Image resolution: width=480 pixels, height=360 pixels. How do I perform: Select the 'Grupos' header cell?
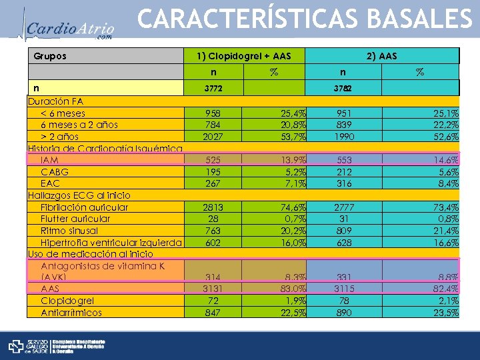(x=50, y=56)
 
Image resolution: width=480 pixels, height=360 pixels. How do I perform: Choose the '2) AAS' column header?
(x=381, y=56)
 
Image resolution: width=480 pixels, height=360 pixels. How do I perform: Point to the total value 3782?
(x=343, y=88)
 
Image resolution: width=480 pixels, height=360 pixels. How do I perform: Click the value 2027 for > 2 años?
(x=213, y=137)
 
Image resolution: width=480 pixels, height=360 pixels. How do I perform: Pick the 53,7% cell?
(x=291, y=137)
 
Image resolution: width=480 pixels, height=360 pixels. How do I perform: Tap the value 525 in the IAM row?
(x=213, y=161)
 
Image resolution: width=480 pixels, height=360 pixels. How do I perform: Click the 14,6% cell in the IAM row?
(x=445, y=161)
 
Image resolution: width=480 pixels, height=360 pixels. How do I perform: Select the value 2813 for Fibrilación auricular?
(x=213, y=207)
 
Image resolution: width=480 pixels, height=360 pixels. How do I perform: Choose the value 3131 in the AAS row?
(x=213, y=289)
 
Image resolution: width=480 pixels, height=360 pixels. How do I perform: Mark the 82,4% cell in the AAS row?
(x=445, y=289)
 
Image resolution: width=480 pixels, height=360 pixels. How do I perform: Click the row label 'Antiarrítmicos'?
(x=71, y=312)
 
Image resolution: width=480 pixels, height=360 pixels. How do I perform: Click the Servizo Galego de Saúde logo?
(x=57, y=346)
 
